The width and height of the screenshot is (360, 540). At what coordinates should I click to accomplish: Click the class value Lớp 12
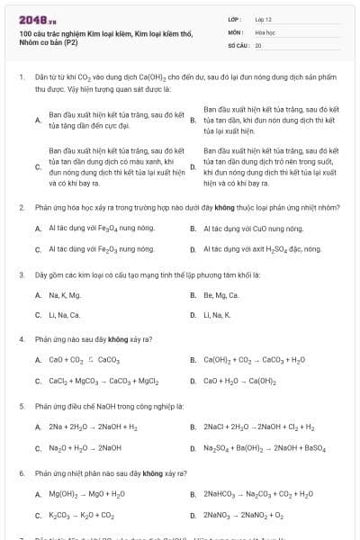click(263, 18)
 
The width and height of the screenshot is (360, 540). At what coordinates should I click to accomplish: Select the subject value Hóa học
click(265, 31)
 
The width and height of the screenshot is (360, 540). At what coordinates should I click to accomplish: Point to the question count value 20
click(258, 44)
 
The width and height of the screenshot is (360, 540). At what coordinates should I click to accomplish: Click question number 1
click(21, 78)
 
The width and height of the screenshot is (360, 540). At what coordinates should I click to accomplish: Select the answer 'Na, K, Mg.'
click(64, 294)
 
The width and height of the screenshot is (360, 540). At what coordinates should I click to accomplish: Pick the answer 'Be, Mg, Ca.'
click(220, 294)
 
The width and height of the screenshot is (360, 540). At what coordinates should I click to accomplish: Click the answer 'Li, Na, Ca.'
click(64, 315)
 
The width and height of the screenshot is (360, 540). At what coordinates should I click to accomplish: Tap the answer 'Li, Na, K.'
click(217, 315)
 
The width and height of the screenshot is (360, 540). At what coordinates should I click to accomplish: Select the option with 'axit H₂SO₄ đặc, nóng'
click(262, 249)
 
